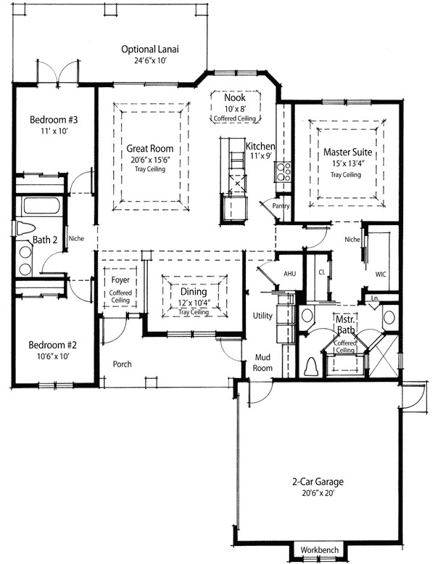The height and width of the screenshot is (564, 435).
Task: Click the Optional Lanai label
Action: [150, 49]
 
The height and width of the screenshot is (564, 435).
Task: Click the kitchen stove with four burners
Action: [283, 171]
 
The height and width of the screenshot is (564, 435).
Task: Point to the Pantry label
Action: [281, 206]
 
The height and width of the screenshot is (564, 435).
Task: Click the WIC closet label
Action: [381, 275]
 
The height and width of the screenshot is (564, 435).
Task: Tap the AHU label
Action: [289, 273]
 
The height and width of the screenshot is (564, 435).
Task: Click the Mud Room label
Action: [262, 363]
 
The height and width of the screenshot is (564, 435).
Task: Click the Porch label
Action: [122, 364]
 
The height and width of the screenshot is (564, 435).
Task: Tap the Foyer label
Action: [120, 279]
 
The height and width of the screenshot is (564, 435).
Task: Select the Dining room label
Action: [193, 292]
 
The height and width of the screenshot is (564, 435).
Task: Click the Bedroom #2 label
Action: [52, 345]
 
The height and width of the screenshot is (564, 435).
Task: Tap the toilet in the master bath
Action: [311, 364]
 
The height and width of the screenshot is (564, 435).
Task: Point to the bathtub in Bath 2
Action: [41, 204]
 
